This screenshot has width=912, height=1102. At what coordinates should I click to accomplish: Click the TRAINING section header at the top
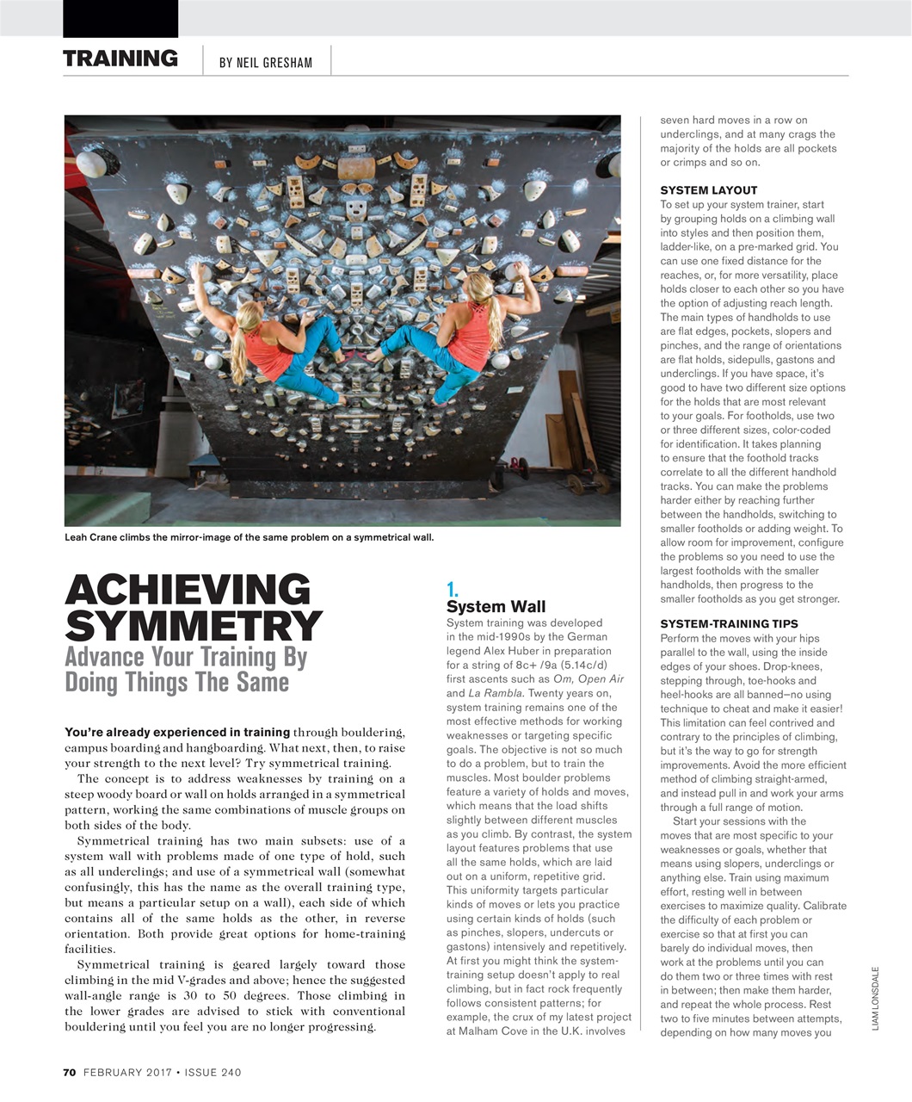point(120,59)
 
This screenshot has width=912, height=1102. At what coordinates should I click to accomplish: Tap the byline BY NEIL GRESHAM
point(265,63)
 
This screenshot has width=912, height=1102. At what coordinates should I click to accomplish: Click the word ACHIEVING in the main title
point(188,591)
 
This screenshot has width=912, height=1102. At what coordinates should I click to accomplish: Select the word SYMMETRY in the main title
point(194,626)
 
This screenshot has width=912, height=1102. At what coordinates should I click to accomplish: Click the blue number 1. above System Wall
point(453,590)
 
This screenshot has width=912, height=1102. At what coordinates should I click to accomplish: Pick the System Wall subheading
point(496,607)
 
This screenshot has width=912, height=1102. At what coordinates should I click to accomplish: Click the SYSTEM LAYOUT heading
point(708,190)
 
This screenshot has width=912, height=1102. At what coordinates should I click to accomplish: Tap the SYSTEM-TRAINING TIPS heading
point(729,624)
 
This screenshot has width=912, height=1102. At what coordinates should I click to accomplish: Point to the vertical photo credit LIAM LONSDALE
point(875,999)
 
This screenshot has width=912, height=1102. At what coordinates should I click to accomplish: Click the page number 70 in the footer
point(70,1072)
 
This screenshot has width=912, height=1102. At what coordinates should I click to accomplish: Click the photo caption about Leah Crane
point(250,538)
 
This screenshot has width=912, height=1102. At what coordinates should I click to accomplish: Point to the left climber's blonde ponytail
point(238,344)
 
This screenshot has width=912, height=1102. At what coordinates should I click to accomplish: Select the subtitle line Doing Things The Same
point(177,683)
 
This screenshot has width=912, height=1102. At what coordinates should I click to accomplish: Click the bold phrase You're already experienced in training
point(177,733)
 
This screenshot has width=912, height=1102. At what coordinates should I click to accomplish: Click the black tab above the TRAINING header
point(120,18)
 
